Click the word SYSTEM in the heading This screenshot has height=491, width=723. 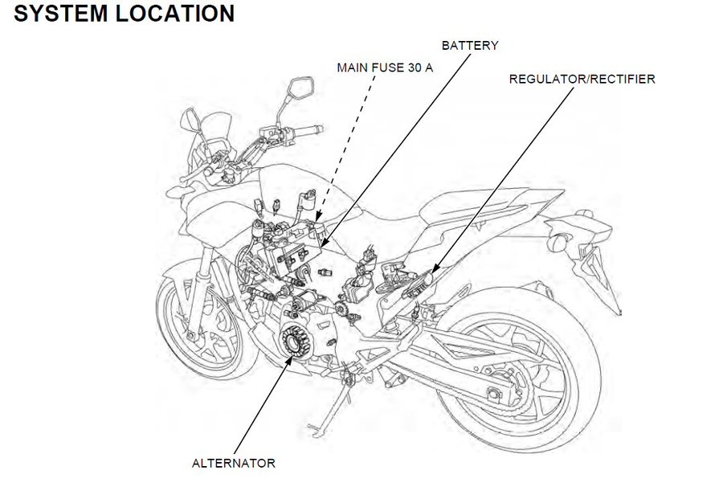point(53,14)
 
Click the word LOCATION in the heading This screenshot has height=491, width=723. point(170,14)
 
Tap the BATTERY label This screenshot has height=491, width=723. point(469,46)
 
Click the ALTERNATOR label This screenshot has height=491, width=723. point(234,463)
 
